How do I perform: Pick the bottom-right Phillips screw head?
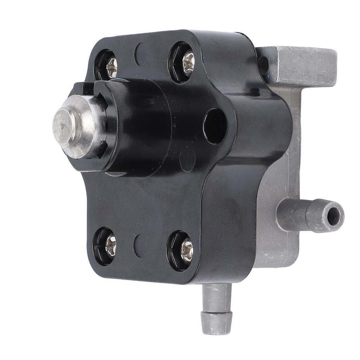point(186,252)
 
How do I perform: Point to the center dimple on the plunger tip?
point(63,125)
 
